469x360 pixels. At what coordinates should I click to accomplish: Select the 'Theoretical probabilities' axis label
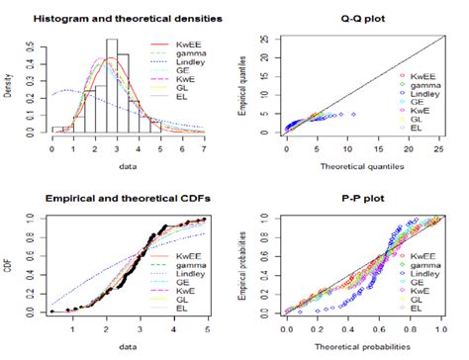tap(356, 348)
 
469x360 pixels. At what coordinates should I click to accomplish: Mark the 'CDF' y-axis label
tap(8, 263)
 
